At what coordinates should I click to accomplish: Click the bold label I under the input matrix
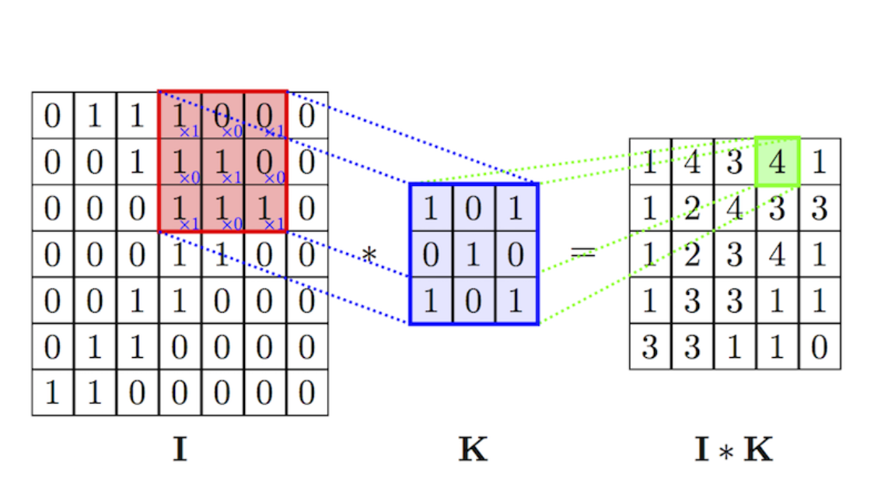coord(179,450)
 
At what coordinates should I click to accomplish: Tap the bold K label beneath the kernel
coord(474,450)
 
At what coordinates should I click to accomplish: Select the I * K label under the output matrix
coord(734,450)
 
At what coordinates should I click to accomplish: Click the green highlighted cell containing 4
coord(777,162)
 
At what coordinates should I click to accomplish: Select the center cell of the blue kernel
coord(474,254)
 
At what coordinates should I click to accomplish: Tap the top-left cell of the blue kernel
coord(431,208)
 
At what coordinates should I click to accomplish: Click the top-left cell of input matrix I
coord(53,115)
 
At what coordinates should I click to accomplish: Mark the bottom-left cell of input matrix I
coord(53,393)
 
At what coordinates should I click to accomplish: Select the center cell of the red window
coord(222,162)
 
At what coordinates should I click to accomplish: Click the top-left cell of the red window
coord(180,115)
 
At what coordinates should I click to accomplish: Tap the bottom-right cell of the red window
coord(265,209)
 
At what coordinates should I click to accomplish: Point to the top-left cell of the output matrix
coord(650,162)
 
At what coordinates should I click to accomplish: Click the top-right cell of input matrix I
coord(307,115)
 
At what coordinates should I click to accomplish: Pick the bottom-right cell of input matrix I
coord(307,393)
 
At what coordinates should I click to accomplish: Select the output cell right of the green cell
coord(819,162)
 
